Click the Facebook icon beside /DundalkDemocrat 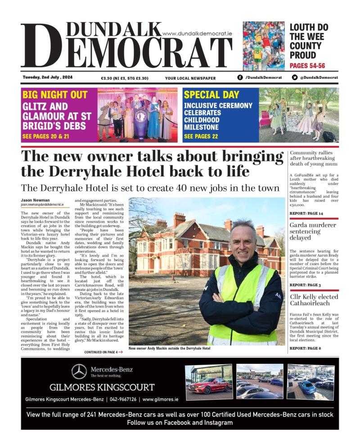click(x=240, y=77)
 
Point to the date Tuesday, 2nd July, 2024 click(x=48, y=77)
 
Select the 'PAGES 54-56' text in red click(x=307, y=66)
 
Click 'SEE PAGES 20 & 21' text click(x=45, y=135)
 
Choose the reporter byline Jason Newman click(x=36, y=200)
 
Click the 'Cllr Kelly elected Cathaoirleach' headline click(x=310, y=301)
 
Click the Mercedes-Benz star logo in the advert click(x=79, y=371)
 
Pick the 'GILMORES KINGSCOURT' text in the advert click(x=102, y=388)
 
